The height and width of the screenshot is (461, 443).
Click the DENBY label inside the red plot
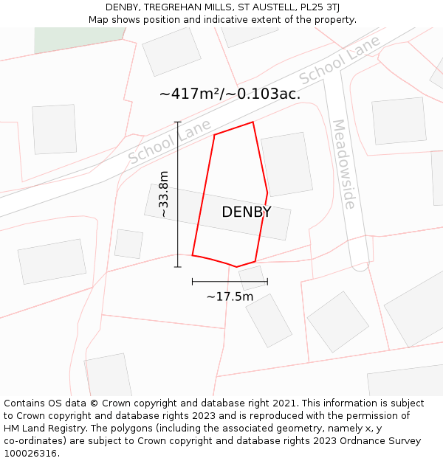pyautogui.click(x=247, y=212)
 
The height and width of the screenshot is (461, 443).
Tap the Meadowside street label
pyautogui.click(x=344, y=164)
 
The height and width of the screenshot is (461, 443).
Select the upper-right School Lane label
pyautogui.click(x=340, y=60)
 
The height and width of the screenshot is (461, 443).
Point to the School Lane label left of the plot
pyautogui.click(x=169, y=141)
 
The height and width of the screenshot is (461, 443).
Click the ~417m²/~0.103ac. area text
pyautogui.click(x=230, y=94)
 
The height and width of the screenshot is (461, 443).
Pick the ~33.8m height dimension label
pyautogui.click(x=163, y=194)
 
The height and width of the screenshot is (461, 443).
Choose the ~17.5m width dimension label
pyautogui.click(x=230, y=297)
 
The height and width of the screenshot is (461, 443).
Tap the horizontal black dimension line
pyautogui.click(x=230, y=281)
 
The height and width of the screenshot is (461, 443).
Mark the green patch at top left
pyautogui.click(x=78, y=38)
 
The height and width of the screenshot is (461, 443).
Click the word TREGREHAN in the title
pyautogui.click(x=171, y=7)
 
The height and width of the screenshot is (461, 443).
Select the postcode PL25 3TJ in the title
pyautogui.click(x=319, y=7)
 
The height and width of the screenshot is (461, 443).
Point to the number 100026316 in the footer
pyautogui.click(x=31, y=454)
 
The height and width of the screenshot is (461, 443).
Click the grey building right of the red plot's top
pyautogui.click(x=286, y=164)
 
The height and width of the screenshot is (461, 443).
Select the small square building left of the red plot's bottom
pyautogui.click(x=128, y=244)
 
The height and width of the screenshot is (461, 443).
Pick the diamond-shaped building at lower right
pyautogui.click(x=337, y=322)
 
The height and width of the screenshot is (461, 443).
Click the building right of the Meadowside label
pyautogui.click(x=399, y=120)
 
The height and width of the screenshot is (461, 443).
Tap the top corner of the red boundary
pyautogui.click(x=253, y=122)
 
